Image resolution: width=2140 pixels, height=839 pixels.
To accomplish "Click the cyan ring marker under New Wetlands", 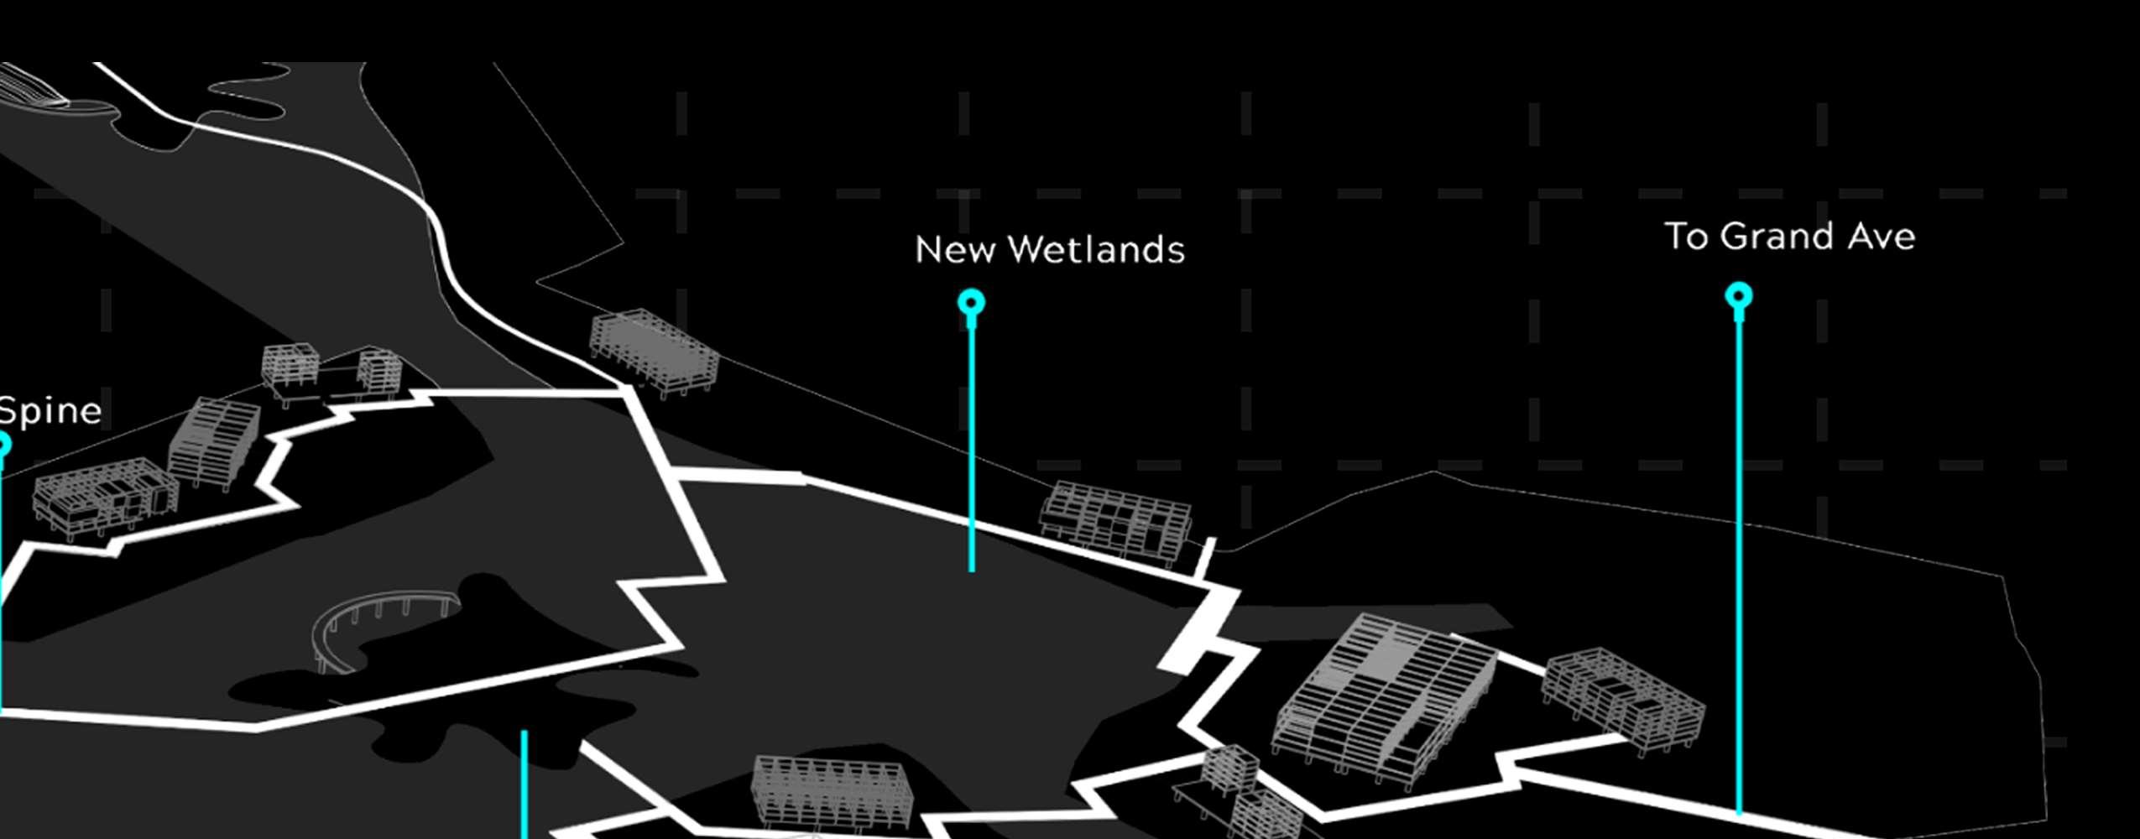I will pos(971,302).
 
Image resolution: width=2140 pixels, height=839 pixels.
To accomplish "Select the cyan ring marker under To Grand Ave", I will pos(1738,296).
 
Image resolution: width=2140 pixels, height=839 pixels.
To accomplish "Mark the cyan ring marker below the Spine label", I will pos(3,444).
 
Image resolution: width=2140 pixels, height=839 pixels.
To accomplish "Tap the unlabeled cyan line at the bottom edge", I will pos(525,784).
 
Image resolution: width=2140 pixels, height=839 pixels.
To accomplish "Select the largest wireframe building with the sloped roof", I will pos(1385,696).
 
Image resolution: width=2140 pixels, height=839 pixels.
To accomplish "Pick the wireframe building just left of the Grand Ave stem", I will pos(1624,701).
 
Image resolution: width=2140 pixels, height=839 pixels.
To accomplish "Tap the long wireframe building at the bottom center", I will pos(831,793).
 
